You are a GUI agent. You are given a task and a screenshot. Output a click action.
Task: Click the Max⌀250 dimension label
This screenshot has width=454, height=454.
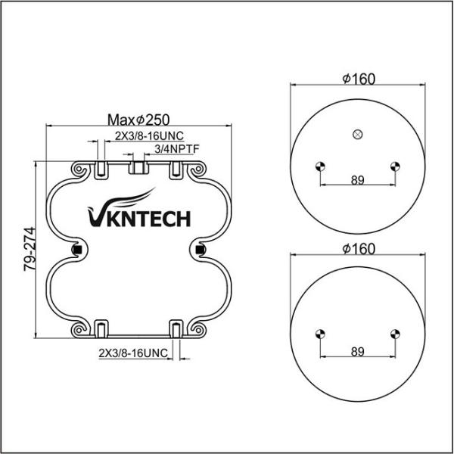click(138, 120)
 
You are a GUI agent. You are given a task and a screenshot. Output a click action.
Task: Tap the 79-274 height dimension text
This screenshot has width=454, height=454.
click(30, 249)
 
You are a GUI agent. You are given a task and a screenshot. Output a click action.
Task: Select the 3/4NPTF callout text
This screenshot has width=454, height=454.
click(177, 149)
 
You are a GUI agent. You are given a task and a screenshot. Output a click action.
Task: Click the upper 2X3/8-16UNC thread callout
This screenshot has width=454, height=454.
click(149, 135)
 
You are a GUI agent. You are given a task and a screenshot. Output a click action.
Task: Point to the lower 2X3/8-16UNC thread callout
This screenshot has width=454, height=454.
click(133, 353)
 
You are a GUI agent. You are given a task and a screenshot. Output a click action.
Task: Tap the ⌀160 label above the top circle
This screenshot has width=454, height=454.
click(359, 79)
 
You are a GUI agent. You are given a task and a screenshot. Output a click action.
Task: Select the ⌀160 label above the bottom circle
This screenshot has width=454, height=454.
click(359, 249)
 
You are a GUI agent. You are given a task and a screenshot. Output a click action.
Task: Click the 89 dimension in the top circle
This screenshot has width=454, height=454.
click(357, 180)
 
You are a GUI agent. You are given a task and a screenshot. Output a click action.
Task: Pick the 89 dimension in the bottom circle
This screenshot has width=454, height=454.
click(357, 352)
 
